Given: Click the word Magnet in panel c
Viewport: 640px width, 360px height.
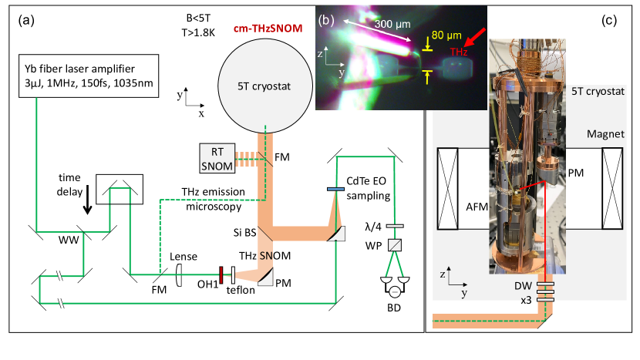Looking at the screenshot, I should pyautogui.click(x=605, y=134).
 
